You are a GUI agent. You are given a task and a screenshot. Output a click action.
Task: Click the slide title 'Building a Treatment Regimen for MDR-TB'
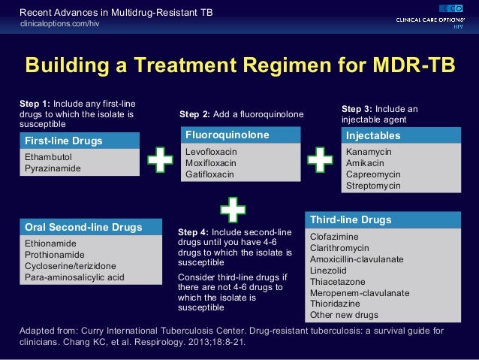click(x=239, y=65)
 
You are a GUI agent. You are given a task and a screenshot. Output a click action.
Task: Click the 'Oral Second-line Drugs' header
click(x=82, y=227)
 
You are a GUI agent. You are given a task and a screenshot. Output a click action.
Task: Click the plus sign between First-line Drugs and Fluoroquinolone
click(x=159, y=162)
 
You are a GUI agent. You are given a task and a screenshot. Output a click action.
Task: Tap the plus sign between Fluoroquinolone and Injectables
click(x=320, y=161)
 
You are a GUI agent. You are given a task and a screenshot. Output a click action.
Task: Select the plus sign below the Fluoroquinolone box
click(x=233, y=209)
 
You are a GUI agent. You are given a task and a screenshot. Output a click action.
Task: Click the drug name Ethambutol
click(x=48, y=157)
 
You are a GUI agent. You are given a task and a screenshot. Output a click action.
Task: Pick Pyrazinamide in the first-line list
click(x=53, y=168)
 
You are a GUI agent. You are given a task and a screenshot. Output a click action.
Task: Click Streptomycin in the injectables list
click(x=373, y=185)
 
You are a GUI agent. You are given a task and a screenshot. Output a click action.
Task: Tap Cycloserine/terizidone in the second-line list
click(x=71, y=265)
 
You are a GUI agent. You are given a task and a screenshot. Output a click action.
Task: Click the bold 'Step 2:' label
click(x=195, y=114)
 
